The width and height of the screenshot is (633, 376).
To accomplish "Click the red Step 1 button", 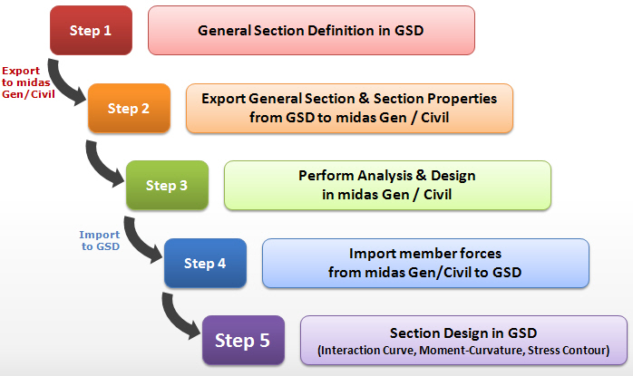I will tap(90, 31).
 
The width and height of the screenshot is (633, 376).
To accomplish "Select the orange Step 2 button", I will tap(128, 109).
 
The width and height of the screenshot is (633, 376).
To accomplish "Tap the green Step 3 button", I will tap(166, 186).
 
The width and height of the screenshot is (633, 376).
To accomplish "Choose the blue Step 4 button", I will tap(204, 264).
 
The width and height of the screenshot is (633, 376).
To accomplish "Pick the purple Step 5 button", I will tap(242, 341).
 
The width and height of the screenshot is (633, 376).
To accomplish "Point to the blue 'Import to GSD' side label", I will tap(99, 240).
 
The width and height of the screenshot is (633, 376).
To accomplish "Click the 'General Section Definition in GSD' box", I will tap(311, 31).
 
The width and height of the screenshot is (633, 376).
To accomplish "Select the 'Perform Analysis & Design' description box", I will tap(387, 186).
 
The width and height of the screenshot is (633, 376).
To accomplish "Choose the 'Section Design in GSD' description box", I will tap(463, 341).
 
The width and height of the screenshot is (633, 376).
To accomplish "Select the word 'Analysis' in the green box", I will tap(386, 176).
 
